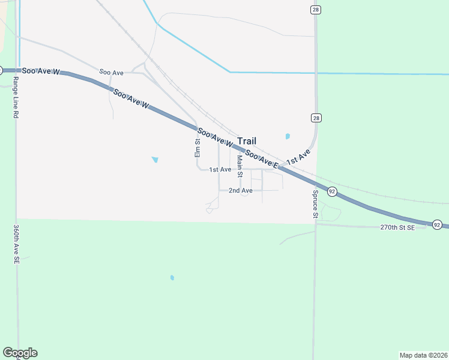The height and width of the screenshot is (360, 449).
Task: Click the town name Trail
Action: (251, 141)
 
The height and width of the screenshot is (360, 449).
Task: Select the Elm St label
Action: (197, 148)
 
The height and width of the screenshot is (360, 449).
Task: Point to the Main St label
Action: (240, 166)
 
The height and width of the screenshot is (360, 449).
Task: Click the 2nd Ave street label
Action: (240, 190)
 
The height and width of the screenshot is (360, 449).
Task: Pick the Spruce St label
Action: (315, 204)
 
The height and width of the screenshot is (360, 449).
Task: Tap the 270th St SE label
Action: (397, 228)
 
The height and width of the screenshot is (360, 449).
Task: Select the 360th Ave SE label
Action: (15, 245)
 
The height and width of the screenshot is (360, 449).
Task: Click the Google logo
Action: (20, 353)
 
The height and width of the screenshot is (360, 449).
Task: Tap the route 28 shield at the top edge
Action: (316, 10)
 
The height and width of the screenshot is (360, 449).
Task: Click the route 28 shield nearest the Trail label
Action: (316, 118)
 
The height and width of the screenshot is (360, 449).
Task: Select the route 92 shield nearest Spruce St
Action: (332, 191)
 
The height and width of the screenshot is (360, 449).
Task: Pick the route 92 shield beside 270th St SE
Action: (437, 224)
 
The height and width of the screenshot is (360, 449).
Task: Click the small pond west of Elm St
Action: (155, 160)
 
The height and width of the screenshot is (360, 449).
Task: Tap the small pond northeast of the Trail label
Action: (288, 136)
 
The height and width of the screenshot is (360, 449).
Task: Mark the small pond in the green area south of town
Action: (172, 278)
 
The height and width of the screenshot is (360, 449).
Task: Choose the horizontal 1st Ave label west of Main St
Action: (220, 170)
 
